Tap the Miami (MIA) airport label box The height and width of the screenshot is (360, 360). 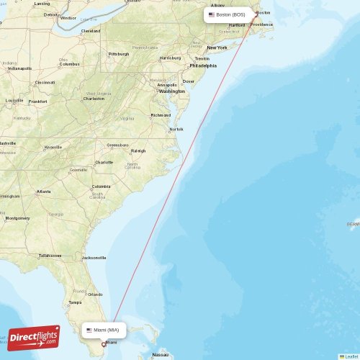[x=104, y=330]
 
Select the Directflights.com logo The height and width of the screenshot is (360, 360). [x=34, y=337]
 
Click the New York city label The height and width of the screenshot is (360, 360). [x=217, y=48]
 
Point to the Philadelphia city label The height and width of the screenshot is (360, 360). [x=202, y=66]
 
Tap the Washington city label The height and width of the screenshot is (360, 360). [x=172, y=91]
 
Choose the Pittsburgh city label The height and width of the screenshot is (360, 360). [x=119, y=54]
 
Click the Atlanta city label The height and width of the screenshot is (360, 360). [x=44, y=192]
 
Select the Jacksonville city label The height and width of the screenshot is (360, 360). [x=94, y=257]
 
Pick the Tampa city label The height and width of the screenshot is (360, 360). [x=74, y=302]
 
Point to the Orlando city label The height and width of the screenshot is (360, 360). [x=95, y=294]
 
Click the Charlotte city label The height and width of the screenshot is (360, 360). [x=104, y=162]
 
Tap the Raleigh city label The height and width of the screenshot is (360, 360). [x=138, y=150]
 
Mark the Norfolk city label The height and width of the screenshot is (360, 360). [x=176, y=130]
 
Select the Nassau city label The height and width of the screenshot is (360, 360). [x=161, y=355]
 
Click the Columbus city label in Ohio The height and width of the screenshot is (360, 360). [x=69, y=64]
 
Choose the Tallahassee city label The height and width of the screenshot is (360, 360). [x=50, y=256]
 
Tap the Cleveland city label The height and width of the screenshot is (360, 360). [x=91, y=31]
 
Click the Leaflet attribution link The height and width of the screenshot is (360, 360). [x=351, y=356]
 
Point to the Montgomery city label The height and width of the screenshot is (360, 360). [x=17, y=218]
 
